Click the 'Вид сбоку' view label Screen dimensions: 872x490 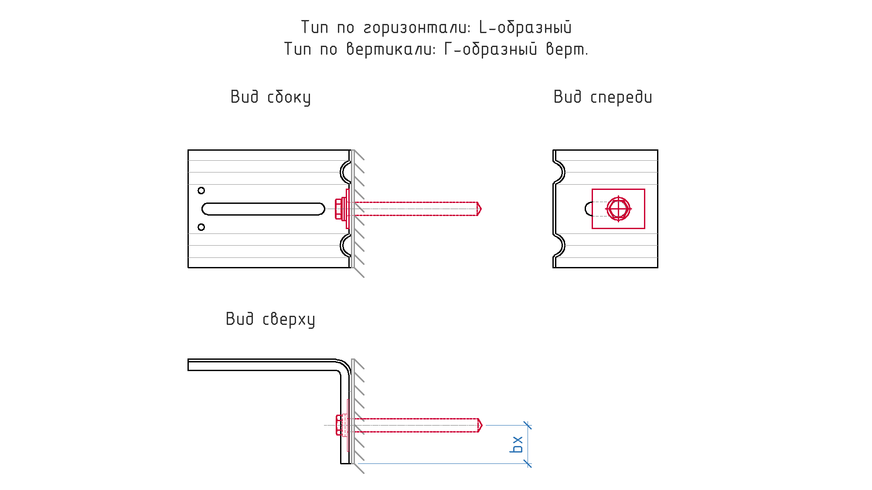tap(270, 97)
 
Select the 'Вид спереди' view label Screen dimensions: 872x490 tap(603, 97)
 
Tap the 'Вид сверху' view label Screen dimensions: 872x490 tap(270, 319)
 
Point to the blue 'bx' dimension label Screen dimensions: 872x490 tap(516, 444)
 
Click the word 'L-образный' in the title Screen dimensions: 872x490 tap(525, 27)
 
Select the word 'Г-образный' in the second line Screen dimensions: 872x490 tap(490, 49)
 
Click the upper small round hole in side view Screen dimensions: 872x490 tap(201, 190)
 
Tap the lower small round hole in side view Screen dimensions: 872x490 tap(201, 227)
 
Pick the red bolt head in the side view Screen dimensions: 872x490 tap(338, 209)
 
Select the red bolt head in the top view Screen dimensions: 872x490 tap(339, 425)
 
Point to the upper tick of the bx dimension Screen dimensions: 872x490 tap(528, 425)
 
